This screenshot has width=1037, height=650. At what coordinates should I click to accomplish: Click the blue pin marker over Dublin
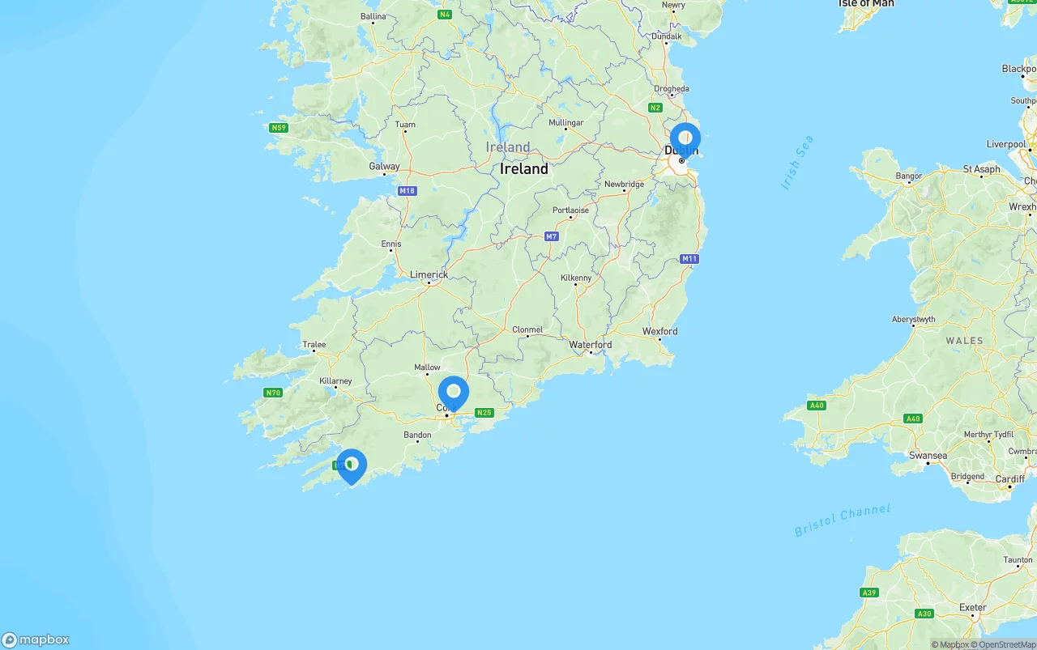coord(685,139)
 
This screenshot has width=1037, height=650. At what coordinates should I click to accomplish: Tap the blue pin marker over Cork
coord(453,393)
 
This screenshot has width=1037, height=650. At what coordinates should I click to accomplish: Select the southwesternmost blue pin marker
coord(352,465)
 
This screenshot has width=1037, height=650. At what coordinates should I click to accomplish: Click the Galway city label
coord(384,166)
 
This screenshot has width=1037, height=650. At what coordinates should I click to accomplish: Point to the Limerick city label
coord(429,274)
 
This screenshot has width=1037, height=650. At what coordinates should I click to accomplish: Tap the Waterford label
coord(591,344)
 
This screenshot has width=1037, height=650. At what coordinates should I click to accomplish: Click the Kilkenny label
coord(576,278)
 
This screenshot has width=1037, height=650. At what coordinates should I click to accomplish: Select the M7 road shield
coord(552,236)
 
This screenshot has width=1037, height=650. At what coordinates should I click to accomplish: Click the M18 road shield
coord(407,191)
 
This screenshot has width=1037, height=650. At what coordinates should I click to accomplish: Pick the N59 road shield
coord(279,128)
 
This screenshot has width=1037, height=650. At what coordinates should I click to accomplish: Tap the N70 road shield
coord(273,393)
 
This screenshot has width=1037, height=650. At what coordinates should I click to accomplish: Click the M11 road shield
coord(689,259)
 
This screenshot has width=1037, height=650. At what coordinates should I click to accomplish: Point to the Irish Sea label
coord(797,163)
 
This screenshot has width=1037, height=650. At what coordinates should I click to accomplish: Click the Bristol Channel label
coord(842,520)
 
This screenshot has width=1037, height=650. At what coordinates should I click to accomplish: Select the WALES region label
coord(964,341)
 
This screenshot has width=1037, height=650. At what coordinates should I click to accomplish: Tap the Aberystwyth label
coord(913,319)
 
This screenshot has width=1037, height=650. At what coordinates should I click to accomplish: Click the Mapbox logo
coord(36,639)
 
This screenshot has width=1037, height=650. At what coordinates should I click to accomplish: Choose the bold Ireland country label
coord(523,168)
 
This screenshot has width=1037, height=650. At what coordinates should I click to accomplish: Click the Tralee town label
coord(314,344)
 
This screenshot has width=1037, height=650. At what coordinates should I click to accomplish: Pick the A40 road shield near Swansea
coord(913,418)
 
